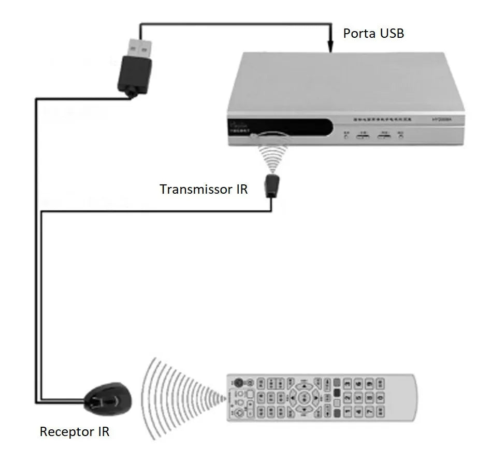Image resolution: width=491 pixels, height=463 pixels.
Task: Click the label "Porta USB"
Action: point(373,34)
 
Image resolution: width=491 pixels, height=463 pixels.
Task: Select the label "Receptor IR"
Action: point(75,431)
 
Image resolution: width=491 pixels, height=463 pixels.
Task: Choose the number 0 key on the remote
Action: point(381,398)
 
